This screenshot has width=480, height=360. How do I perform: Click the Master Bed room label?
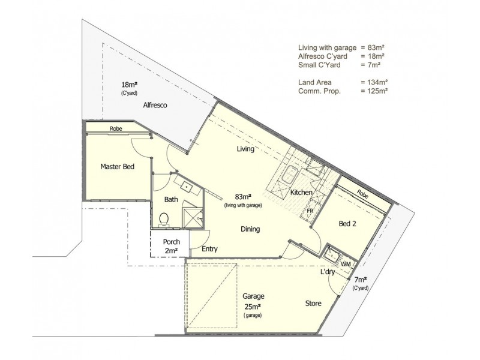pos(116,167)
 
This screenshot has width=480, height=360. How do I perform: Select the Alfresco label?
pos(154,105)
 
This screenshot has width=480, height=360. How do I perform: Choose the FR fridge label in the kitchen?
pos(310,211)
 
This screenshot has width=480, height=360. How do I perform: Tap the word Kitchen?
pos(301,193)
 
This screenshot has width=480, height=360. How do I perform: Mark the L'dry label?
pos(328,272)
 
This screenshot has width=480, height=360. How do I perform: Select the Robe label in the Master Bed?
pos(116,128)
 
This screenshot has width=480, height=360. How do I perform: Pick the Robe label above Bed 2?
pos(362,194)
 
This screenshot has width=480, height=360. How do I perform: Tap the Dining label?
pos(250,229)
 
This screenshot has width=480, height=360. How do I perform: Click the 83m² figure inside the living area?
pos(242,196)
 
